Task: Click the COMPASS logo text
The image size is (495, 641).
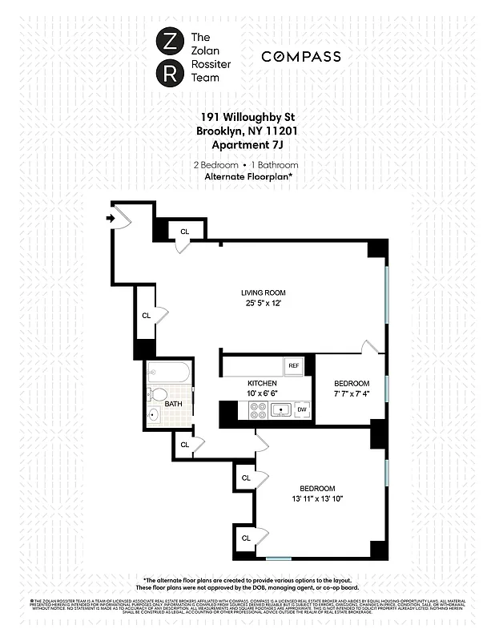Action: [300, 57]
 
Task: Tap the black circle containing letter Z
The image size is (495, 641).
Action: [170, 41]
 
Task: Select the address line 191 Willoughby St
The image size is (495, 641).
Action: [247, 116]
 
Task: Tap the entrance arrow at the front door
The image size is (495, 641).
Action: [109, 216]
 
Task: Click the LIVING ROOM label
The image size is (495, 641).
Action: [264, 292]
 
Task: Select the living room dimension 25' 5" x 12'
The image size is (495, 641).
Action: [264, 304]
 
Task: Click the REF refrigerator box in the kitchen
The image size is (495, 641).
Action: [294, 366]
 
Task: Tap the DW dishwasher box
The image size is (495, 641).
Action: [302, 410]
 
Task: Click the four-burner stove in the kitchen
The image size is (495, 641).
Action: [259, 411]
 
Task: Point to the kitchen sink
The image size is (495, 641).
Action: [280, 411]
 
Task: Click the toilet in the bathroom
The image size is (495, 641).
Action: [158, 395]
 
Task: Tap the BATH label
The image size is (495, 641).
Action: [173, 404]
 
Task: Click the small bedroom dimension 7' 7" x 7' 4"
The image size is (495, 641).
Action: [352, 394]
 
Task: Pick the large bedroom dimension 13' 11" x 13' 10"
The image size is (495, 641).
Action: [317, 500]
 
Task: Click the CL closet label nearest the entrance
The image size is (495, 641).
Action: [185, 232]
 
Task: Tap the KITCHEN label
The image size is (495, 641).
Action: [262, 384]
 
